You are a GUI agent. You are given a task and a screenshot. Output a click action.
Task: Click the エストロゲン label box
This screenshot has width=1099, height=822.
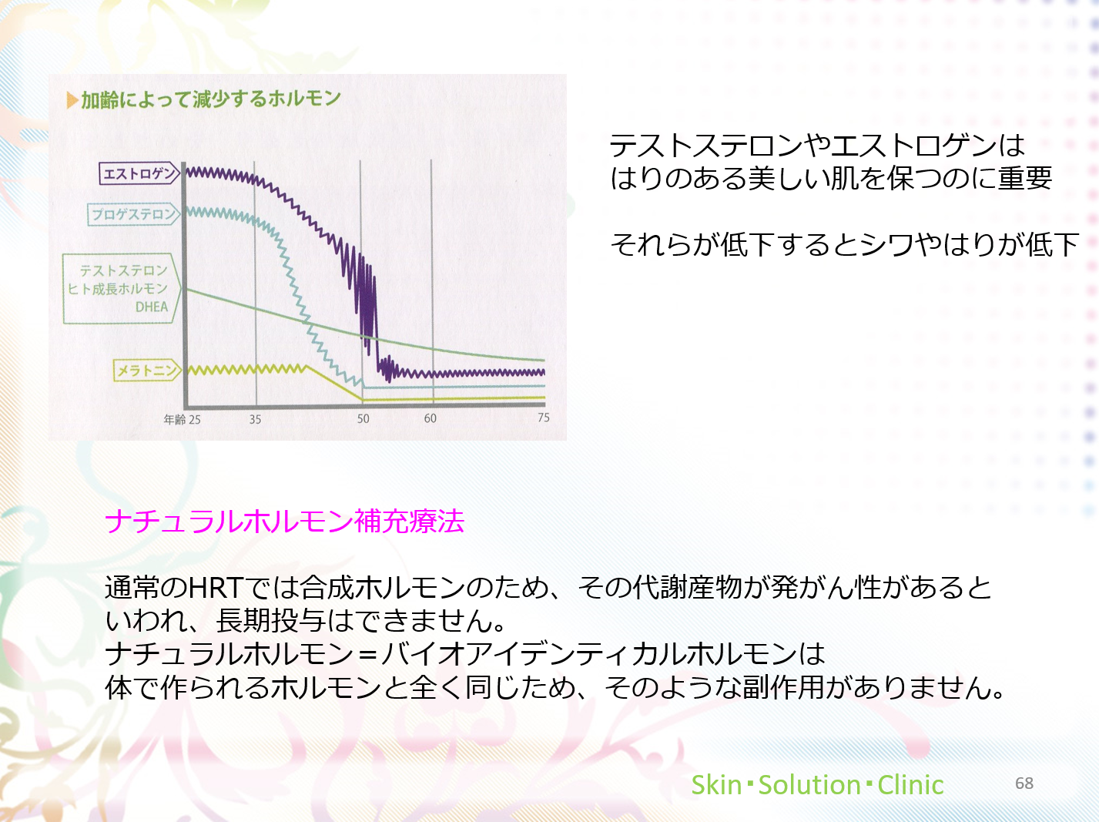coord(139,173)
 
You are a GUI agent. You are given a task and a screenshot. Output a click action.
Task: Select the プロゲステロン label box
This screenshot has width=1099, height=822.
coord(133,214)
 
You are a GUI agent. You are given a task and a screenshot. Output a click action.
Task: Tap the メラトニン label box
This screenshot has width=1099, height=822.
coord(146,371)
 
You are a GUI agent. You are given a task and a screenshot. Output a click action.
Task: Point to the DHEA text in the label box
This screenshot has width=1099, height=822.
coord(152,307)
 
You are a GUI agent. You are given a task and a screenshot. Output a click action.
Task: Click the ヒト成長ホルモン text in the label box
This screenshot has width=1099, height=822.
coord(118,289)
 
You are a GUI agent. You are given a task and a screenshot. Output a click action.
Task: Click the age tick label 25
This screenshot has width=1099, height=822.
coord(194,420)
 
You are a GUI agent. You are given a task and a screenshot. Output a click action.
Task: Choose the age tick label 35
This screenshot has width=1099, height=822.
coord(256,420)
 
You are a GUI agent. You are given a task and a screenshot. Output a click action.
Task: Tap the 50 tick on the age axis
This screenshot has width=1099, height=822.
coord(363,418)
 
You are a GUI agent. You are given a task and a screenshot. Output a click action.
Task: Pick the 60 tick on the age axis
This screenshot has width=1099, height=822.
coord(430,418)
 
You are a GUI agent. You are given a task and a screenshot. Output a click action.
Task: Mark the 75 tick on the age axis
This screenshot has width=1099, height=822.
coord(544,418)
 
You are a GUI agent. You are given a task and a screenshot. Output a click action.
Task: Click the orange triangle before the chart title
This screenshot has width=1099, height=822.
coord(72,100)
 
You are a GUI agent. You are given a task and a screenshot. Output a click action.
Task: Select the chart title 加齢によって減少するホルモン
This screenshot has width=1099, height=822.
coord(211,99)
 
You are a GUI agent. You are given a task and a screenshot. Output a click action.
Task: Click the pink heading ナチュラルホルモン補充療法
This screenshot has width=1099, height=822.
coord(284,522)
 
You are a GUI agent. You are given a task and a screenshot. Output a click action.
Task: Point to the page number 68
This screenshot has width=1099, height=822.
coord(1024,783)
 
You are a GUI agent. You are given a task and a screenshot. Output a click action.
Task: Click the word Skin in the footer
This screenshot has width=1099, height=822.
coord(716,784)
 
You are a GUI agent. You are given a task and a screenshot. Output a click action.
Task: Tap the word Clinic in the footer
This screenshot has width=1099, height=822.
coord(910,784)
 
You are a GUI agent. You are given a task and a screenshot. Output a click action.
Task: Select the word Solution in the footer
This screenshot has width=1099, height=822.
coord(809,784)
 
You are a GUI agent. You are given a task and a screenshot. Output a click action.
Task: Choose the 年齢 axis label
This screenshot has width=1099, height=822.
coord(175,420)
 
